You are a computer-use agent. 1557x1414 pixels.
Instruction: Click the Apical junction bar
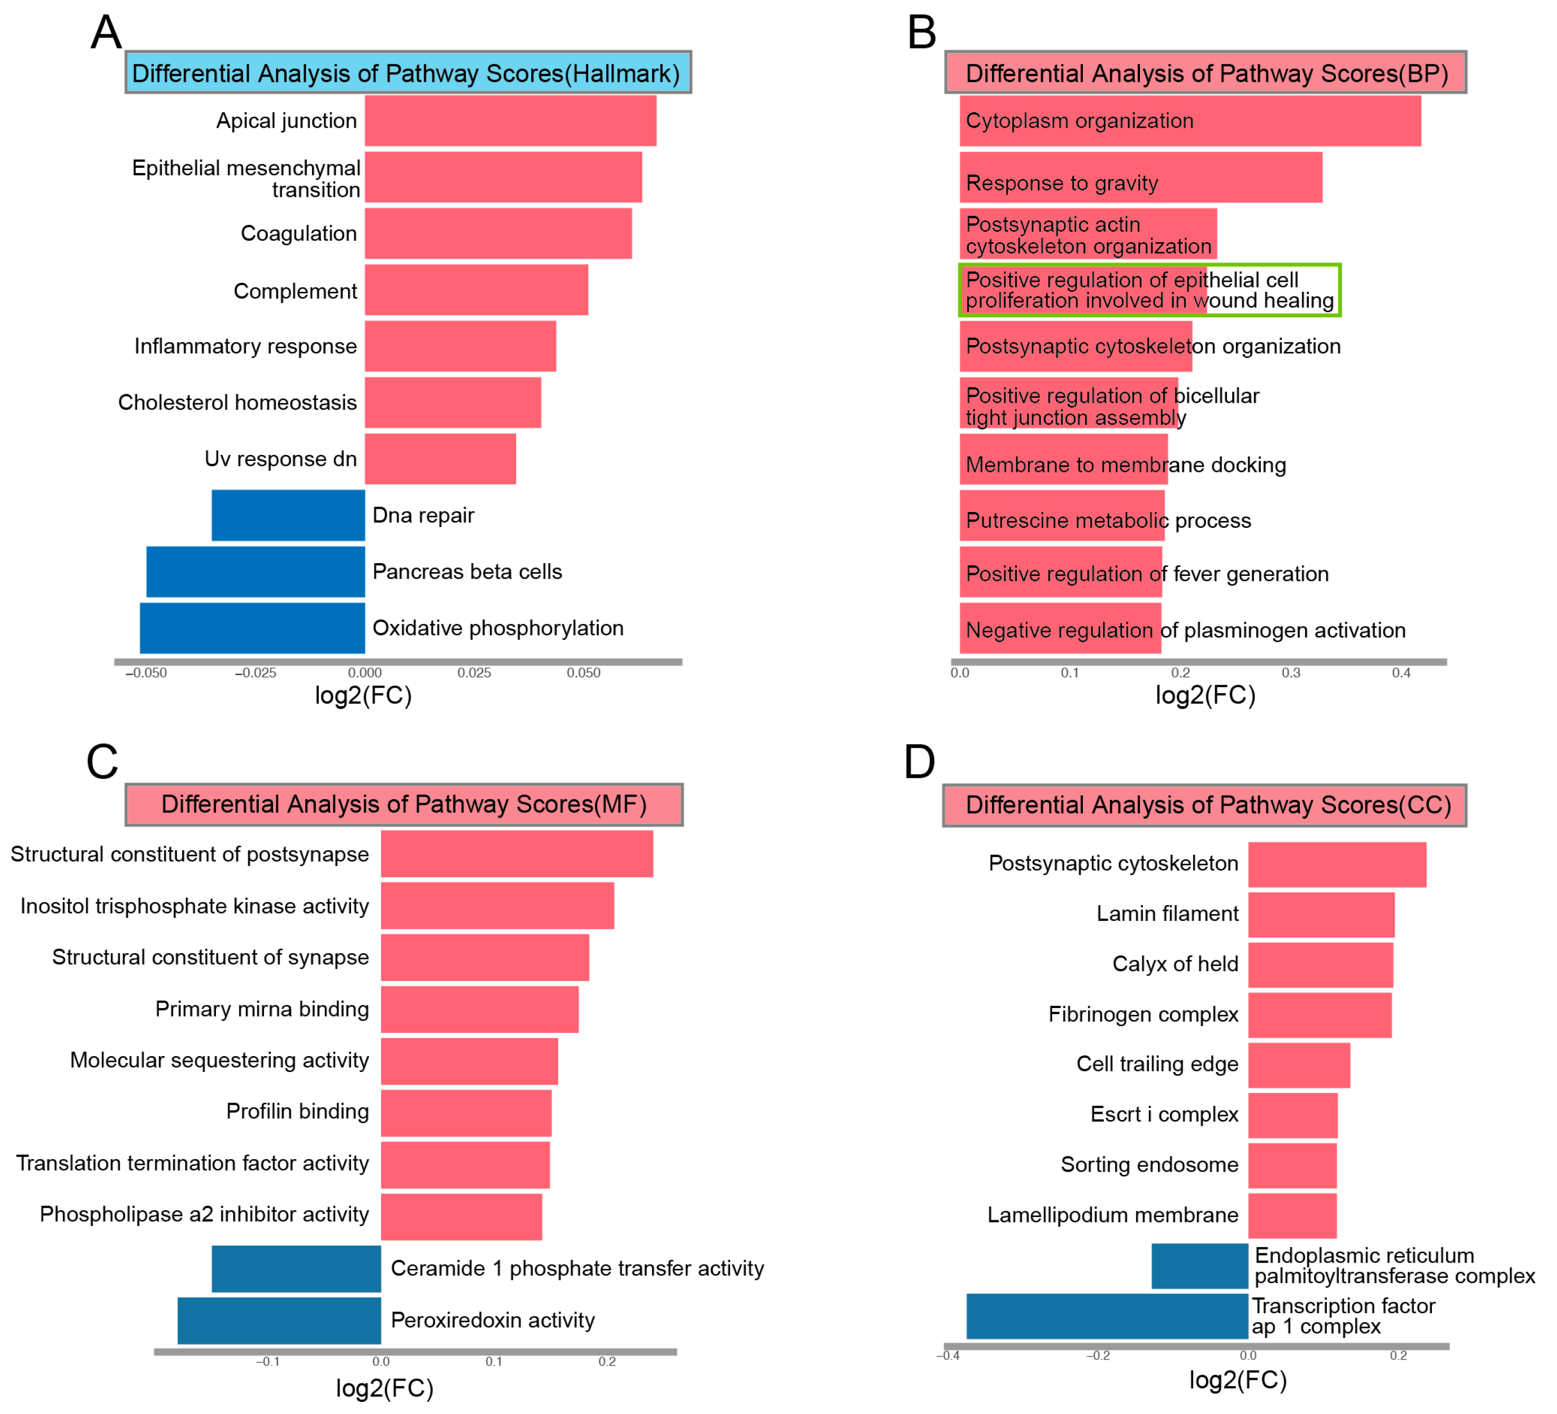[x=511, y=120]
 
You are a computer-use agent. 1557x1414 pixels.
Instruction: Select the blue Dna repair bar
[x=288, y=515]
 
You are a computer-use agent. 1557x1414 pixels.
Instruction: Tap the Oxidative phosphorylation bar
[x=252, y=628]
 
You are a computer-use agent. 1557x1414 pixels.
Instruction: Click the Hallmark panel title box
[x=408, y=73]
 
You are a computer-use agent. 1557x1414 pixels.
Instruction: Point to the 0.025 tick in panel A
[x=474, y=672]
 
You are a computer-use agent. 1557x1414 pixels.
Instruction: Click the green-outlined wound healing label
[x=1149, y=290]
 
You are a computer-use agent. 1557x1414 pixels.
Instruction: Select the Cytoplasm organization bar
[x=1190, y=120]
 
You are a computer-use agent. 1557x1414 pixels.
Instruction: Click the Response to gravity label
[x=1062, y=183]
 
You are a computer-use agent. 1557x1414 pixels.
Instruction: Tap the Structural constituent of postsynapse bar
[x=517, y=853]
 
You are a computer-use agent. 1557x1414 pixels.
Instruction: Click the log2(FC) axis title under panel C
[x=384, y=1389]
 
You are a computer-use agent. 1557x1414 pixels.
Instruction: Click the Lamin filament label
[x=1167, y=914]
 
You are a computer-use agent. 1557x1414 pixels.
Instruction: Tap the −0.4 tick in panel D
[x=948, y=1356]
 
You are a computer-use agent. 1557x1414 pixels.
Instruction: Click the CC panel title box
[x=1204, y=805]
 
